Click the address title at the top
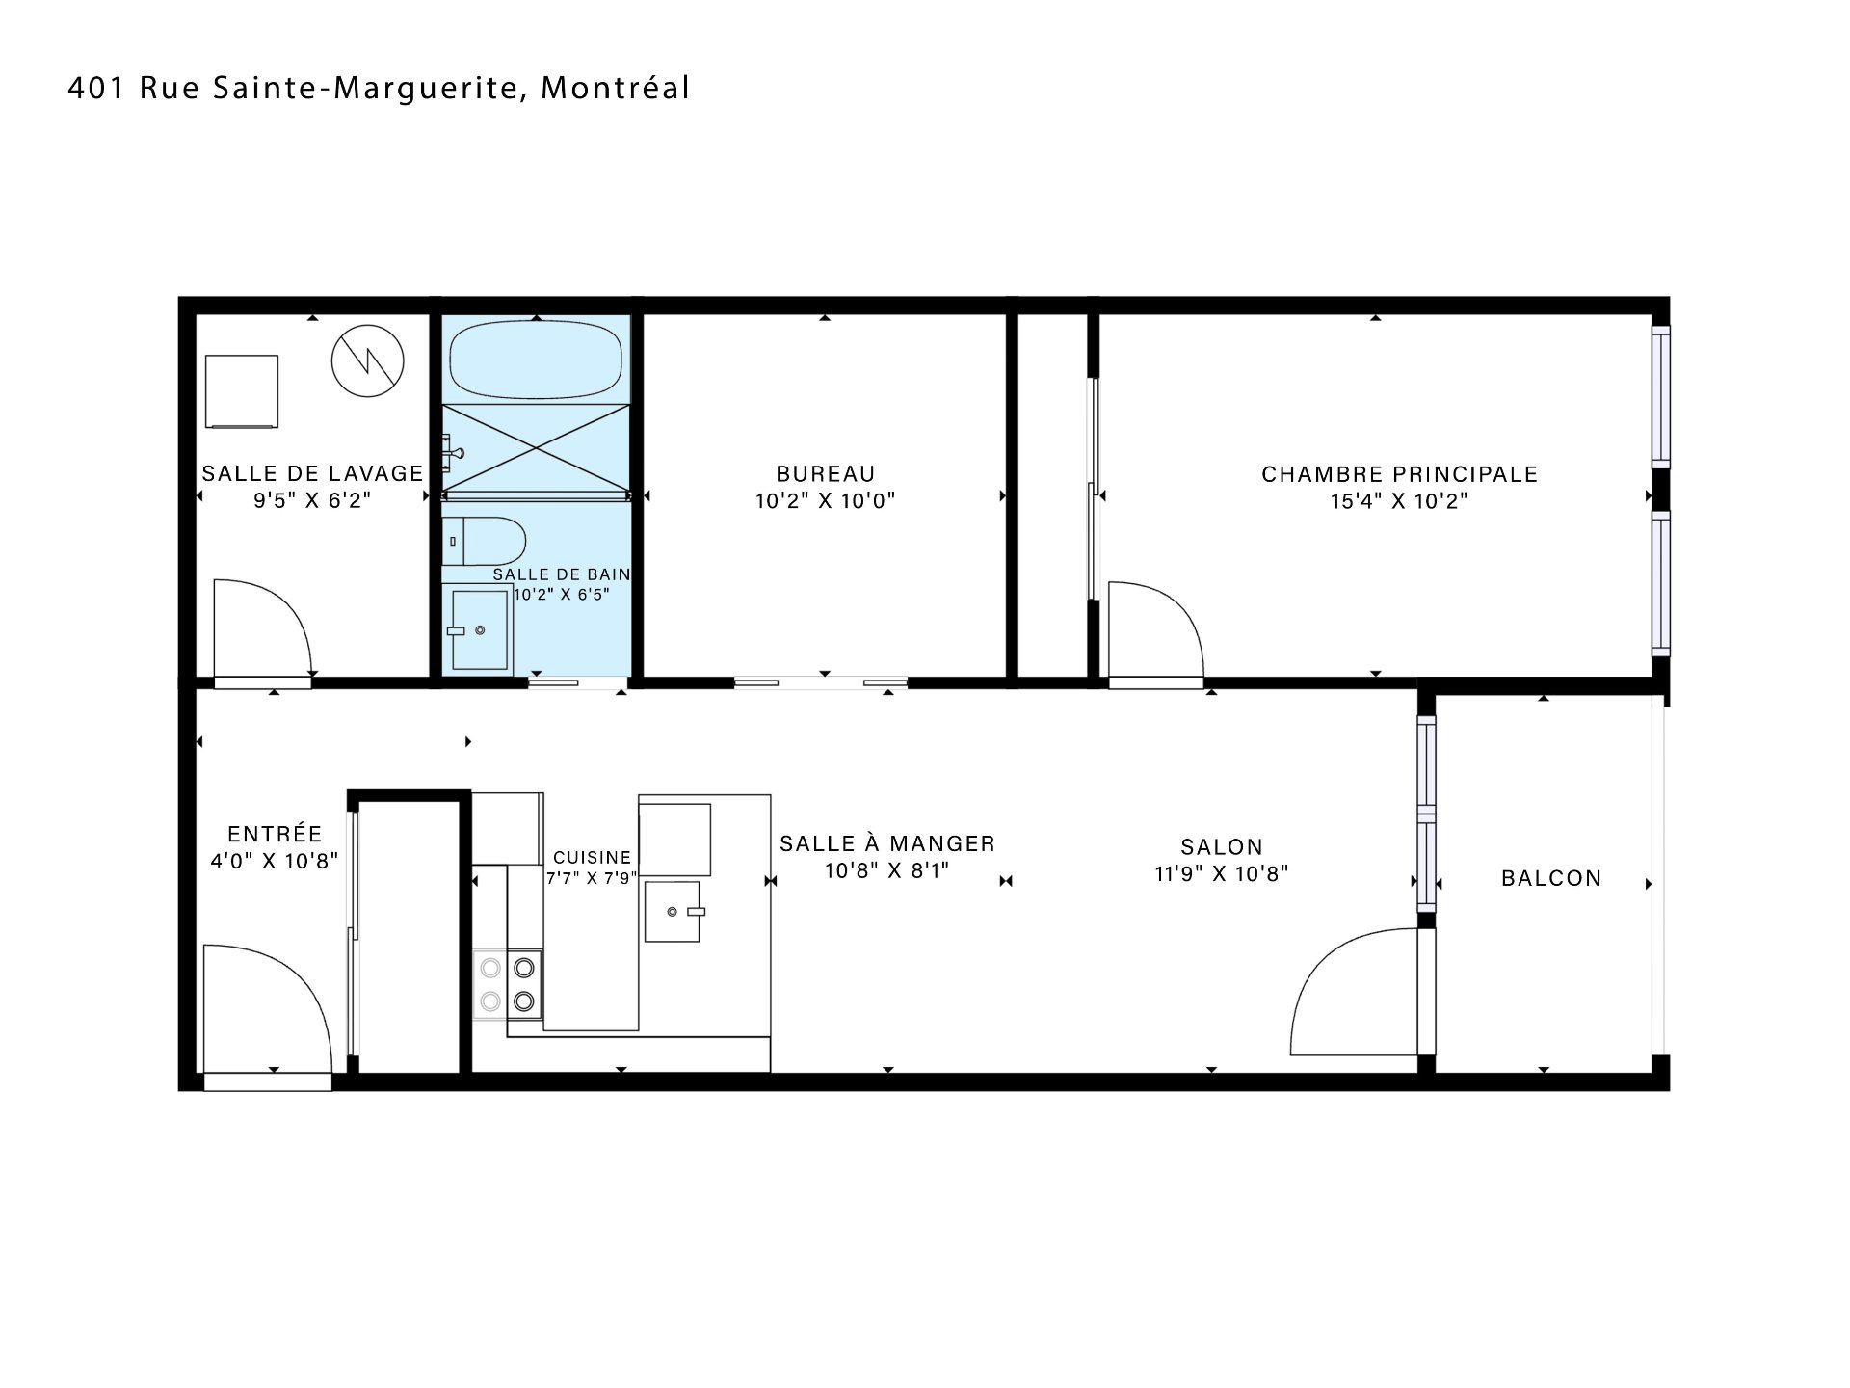[379, 89]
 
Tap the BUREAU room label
[826, 474]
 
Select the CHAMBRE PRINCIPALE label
[1399, 474]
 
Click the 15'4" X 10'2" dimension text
[1399, 501]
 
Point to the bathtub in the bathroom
[537, 359]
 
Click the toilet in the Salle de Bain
[484, 542]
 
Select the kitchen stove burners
[508, 984]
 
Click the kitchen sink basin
[673, 911]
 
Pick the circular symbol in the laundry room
[367, 361]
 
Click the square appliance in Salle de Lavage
[242, 391]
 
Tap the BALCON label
[1551, 878]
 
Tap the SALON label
[1222, 847]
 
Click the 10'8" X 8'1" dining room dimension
[887, 870]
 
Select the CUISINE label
[592, 857]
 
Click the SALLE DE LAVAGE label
[312, 474]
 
